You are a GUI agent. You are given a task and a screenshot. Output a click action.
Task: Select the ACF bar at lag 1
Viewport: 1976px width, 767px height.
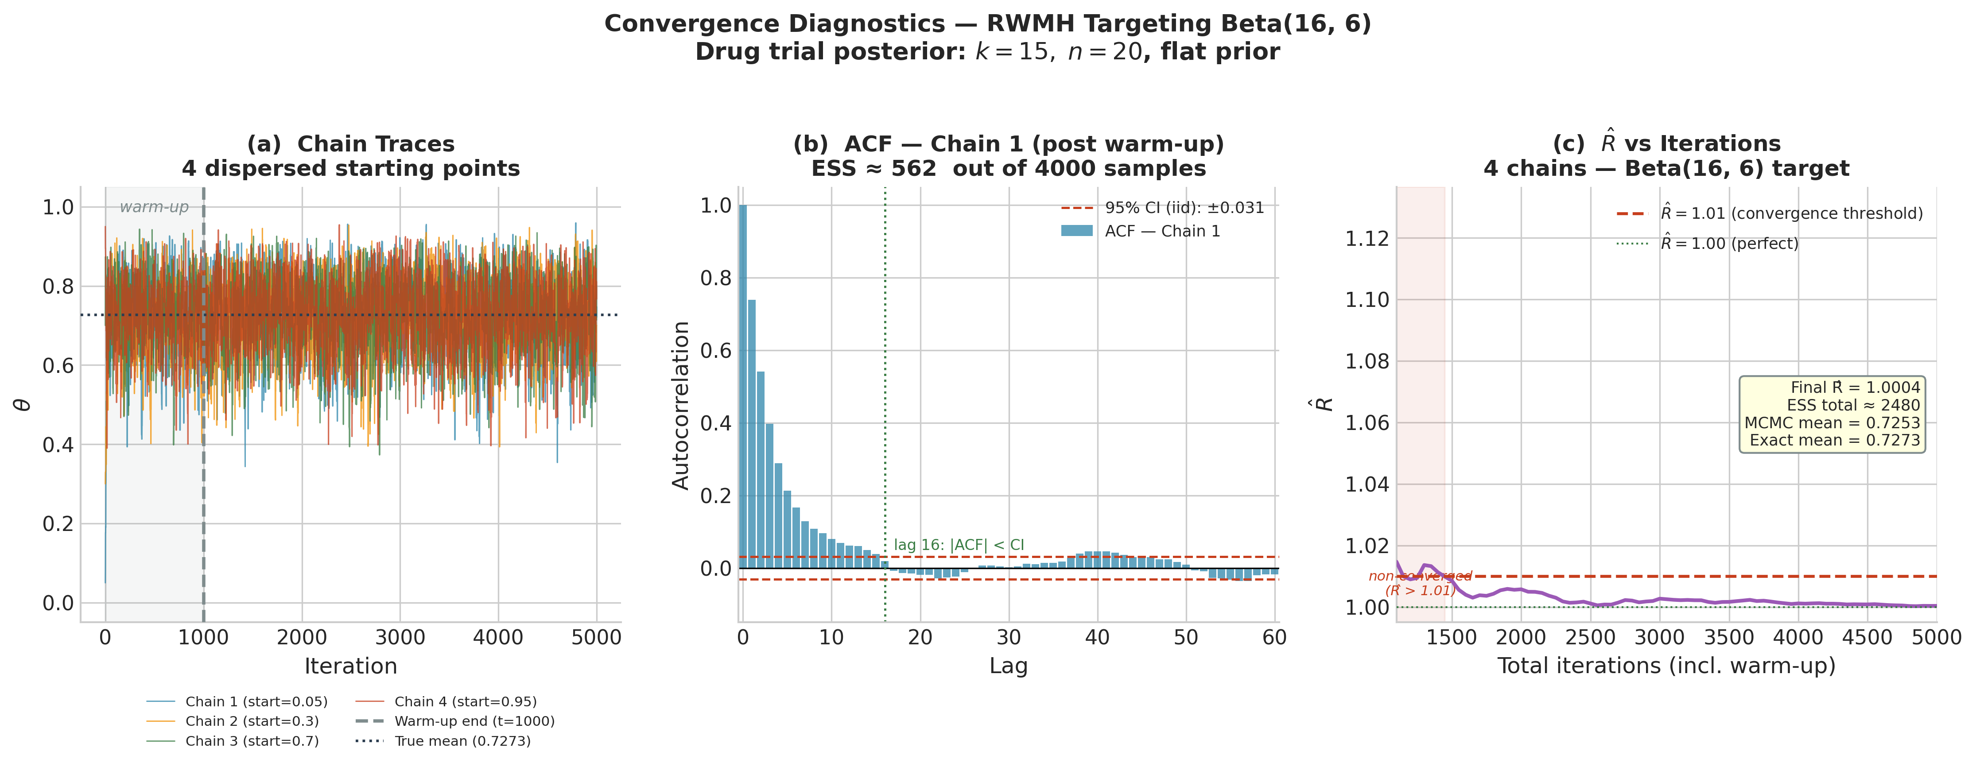point(752,434)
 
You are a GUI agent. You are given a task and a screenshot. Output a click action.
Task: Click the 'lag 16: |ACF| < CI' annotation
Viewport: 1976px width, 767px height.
point(959,545)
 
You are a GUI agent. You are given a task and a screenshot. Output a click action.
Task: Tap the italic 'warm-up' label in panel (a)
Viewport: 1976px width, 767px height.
point(154,207)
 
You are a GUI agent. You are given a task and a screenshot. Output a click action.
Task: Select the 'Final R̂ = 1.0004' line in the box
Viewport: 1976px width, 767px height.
point(1855,388)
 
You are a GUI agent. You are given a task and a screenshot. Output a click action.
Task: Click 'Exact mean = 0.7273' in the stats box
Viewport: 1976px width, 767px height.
point(1834,440)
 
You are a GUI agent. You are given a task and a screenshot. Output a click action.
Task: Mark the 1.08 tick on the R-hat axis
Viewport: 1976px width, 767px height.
point(1367,361)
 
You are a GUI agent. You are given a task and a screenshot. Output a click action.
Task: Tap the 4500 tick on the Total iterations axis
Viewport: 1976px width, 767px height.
point(1867,637)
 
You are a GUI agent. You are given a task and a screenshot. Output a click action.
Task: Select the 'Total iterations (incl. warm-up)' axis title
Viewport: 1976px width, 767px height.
point(1666,666)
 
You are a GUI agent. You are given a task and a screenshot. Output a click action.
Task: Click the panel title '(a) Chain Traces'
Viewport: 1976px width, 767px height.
point(350,144)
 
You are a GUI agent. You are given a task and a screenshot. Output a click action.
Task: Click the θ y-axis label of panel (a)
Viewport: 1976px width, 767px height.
point(23,404)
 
